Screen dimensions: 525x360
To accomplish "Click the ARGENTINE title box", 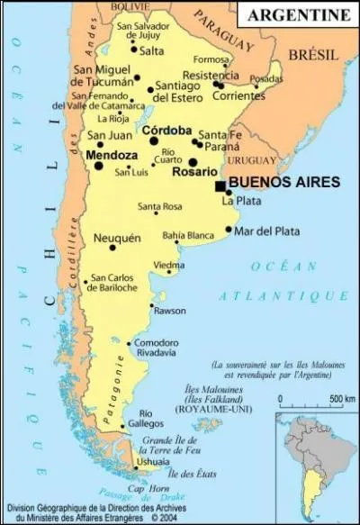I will pos(298,15).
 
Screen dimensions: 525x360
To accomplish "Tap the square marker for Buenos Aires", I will pos(220,186).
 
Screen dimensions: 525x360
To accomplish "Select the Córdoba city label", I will pos(166,130).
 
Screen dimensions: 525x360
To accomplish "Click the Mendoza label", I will pos(111,155).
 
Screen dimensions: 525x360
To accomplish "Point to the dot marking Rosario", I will pos(193,163).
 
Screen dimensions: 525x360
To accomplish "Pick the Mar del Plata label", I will pos(267,231).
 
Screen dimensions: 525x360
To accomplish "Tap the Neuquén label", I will pos(117,238).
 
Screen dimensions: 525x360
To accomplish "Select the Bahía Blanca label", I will pos(188,236).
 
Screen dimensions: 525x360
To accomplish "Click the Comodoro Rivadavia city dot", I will pos(130,343).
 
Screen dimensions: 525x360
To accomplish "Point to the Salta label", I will pos(153,52).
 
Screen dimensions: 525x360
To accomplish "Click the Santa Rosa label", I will pos(159,207).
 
